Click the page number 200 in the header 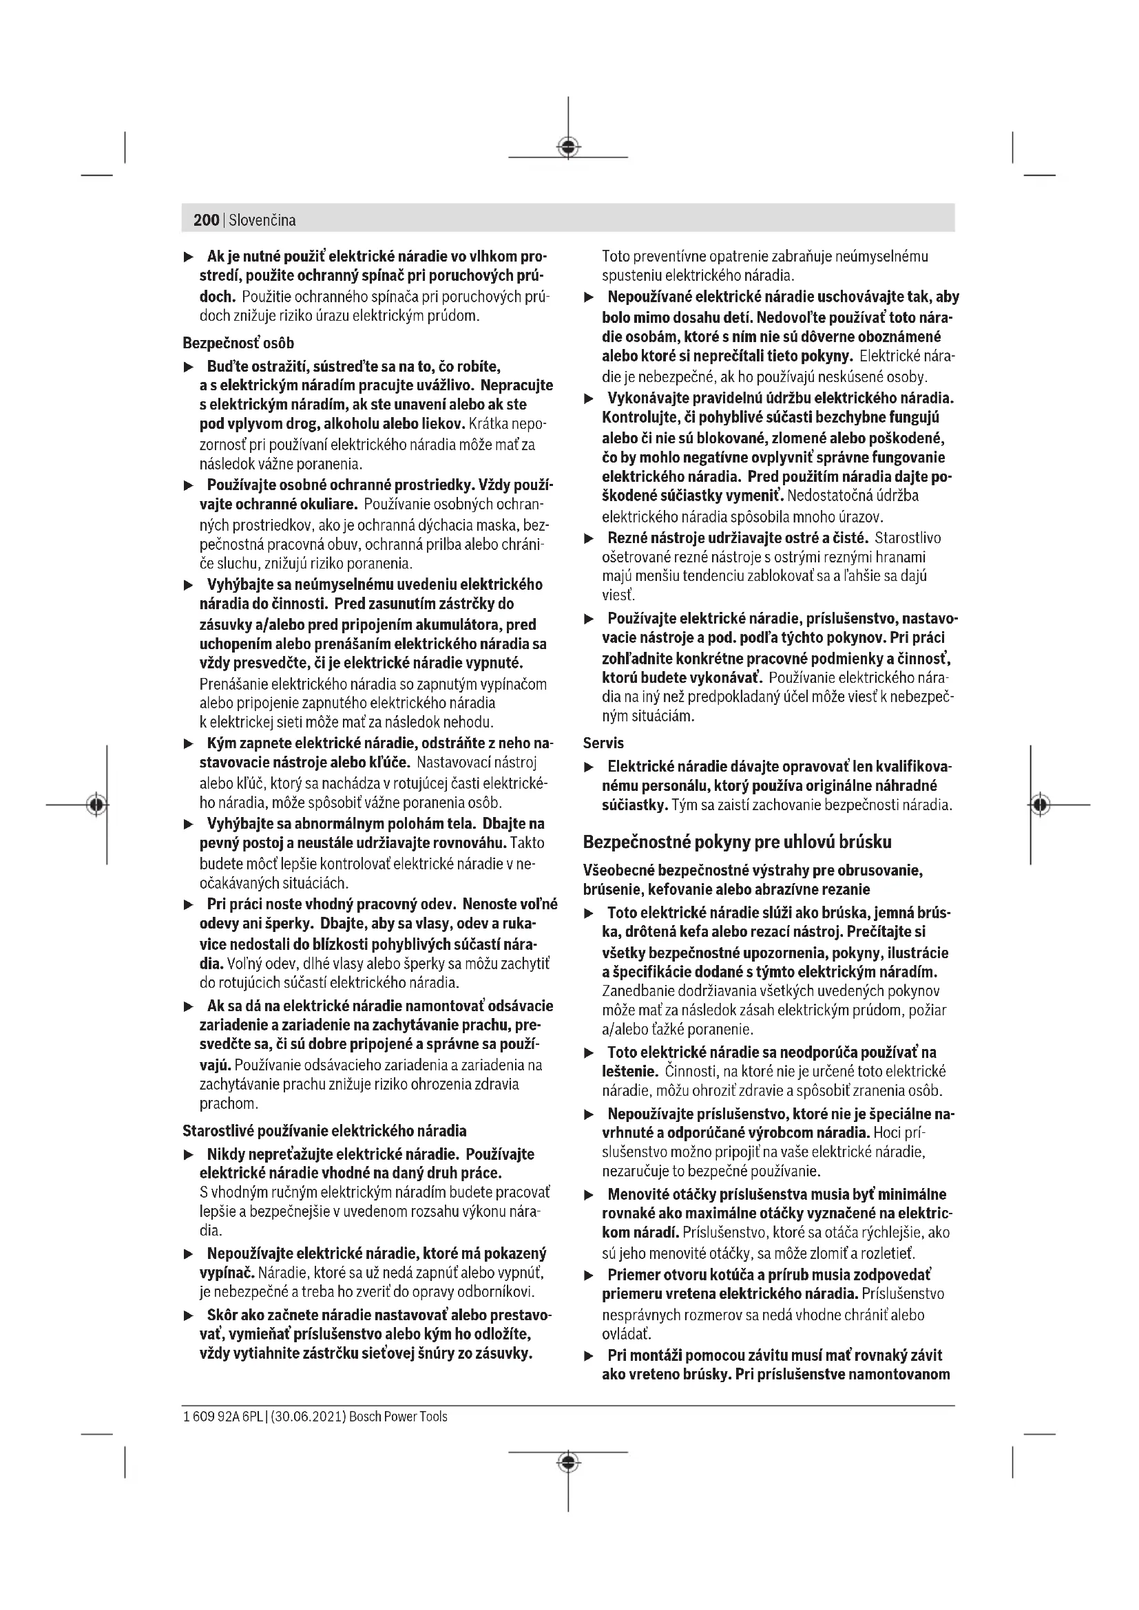206,220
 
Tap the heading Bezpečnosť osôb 238,343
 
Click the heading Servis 603,743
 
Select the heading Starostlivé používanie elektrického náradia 324,1130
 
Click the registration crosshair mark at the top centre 568,147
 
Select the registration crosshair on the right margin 1041,804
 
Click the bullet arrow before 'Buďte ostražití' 188,367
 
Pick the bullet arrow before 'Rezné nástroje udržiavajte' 589,538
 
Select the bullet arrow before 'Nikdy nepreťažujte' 188,1155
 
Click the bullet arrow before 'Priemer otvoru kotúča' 589,1275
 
